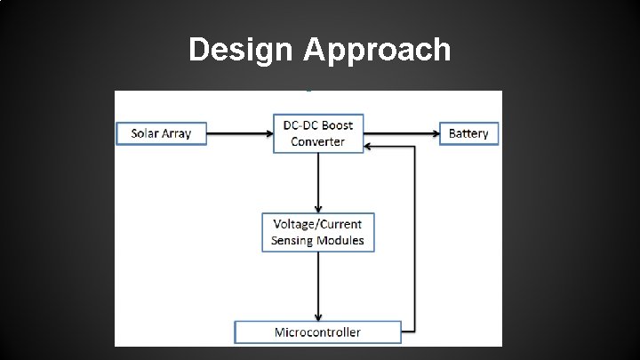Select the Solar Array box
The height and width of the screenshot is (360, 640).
point(162,134)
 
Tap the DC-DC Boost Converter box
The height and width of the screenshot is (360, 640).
point(319,133)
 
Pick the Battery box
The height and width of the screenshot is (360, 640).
point(468,134)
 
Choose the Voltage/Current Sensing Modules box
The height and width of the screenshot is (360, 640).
point(318,231)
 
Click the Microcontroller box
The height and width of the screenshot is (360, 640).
point(317,332)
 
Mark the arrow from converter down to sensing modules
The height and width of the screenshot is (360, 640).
point(318,182)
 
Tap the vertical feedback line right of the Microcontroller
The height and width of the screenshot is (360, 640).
point(414,240)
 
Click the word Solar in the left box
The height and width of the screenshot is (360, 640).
point(147,134)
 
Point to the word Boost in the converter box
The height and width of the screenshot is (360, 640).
point(337,125)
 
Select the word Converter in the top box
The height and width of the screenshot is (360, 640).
point(319,142)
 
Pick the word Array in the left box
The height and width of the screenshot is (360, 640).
point(178,134)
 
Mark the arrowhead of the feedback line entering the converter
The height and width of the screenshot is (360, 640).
point(372,147)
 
